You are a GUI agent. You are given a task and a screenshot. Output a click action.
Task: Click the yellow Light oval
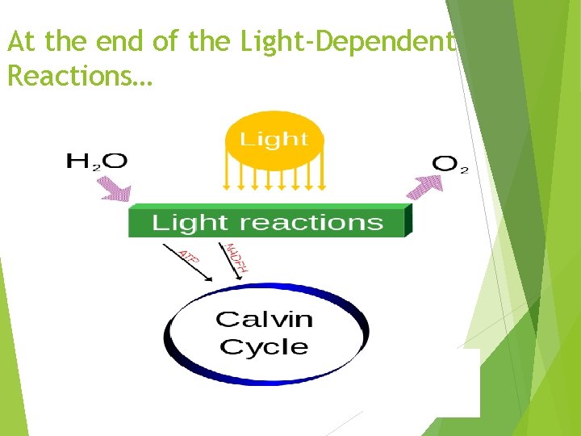pyautogui.click(x=274, y=140)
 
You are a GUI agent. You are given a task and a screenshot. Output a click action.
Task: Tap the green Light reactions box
pyautogui.click(x=268, y=222)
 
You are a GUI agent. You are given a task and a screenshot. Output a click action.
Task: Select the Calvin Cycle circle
pyautogui.click(x=266, y=332)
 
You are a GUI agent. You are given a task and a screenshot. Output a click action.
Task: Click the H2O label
pyautogui.click(x=96, y=161)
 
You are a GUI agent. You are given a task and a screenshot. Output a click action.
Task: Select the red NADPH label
pyautogui.click(x=236, y=258)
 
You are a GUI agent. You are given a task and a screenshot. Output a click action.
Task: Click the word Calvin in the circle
pyautogui.click(x=264, y=319)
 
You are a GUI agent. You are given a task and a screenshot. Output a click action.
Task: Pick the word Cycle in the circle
pyautogui.click(x=264, y=347)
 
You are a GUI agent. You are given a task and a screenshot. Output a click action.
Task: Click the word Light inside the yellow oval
pyautogui.click(x=274, y=139)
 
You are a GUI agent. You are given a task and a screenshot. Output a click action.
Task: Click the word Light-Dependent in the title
pyautogui.click(x=348, y=43)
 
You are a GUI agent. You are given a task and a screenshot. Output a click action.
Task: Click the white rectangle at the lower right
pyautogui.click(x=458, y=383)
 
